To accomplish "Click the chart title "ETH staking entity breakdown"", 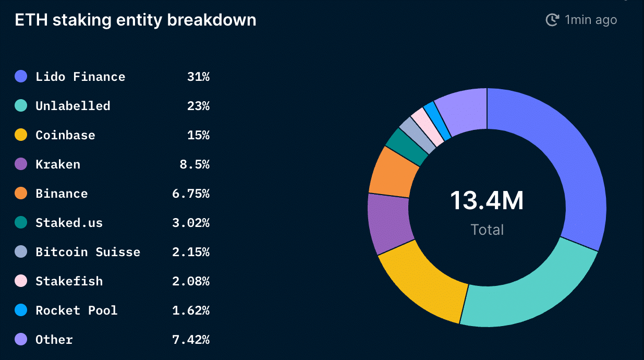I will click(x=136, y=20).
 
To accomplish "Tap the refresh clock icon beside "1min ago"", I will click(x=552, y=20).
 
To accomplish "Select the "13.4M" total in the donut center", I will click(x=487, y=201).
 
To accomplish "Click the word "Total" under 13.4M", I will click(x=487, y=230).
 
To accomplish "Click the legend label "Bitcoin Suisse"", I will click(x=88, y=252).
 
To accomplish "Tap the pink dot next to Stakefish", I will click(x=21, y=281).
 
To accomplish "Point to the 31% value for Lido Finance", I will click(x=198, y=77).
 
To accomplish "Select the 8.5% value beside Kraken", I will click(x=194, y=164).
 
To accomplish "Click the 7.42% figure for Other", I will click(x=190, y=340).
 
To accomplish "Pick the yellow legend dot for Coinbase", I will click(x=21, y=135).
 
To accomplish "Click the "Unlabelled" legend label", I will click(x=73, y=106).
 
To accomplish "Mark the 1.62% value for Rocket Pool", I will click(x=190, y=310).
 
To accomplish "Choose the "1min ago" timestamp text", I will click(x=591, y=20).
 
